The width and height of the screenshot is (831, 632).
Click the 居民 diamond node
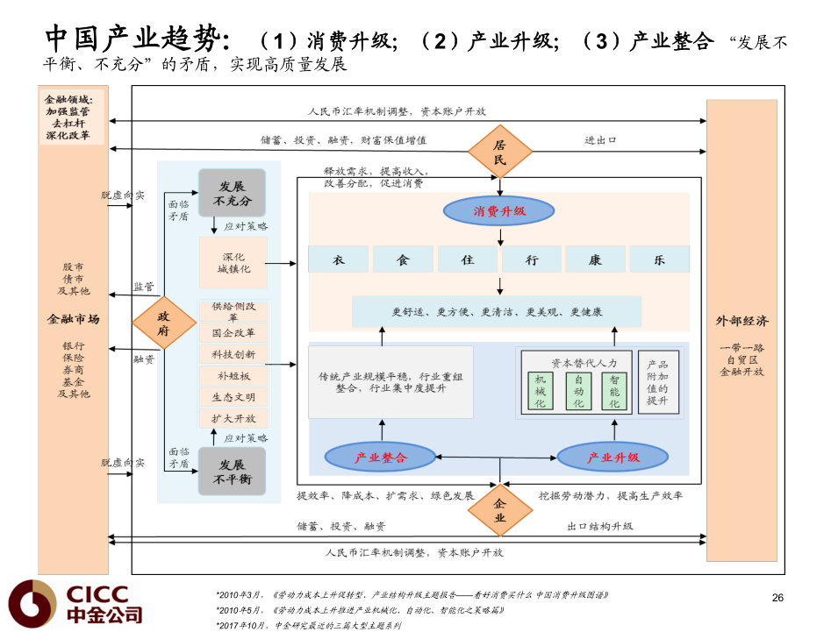(499, 152)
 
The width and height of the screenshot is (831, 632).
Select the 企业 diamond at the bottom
(500, 510)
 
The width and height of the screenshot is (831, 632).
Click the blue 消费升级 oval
(499, 211)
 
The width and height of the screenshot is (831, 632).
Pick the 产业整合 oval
(381, 457)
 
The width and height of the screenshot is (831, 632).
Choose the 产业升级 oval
(613, 457)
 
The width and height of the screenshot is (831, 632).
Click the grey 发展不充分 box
(232, 193)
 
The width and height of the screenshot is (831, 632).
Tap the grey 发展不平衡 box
(232, 472)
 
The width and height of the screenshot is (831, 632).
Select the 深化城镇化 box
(233, 263)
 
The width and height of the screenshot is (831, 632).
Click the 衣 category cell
(338, 259)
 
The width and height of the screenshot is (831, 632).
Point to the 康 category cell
(595, 259)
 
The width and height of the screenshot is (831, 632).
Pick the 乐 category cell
(659, 259)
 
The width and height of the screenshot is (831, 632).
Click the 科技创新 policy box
(233, 354)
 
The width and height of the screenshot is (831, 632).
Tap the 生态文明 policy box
(233, 396)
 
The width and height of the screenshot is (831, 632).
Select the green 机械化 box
(540, 391)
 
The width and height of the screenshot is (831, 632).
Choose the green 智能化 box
(614, 391)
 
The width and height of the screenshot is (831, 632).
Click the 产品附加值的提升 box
(657, 383)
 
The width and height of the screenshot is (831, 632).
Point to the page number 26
(777, 598)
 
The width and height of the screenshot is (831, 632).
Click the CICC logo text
(97, 593)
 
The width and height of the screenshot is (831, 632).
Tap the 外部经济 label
(741, 321)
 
